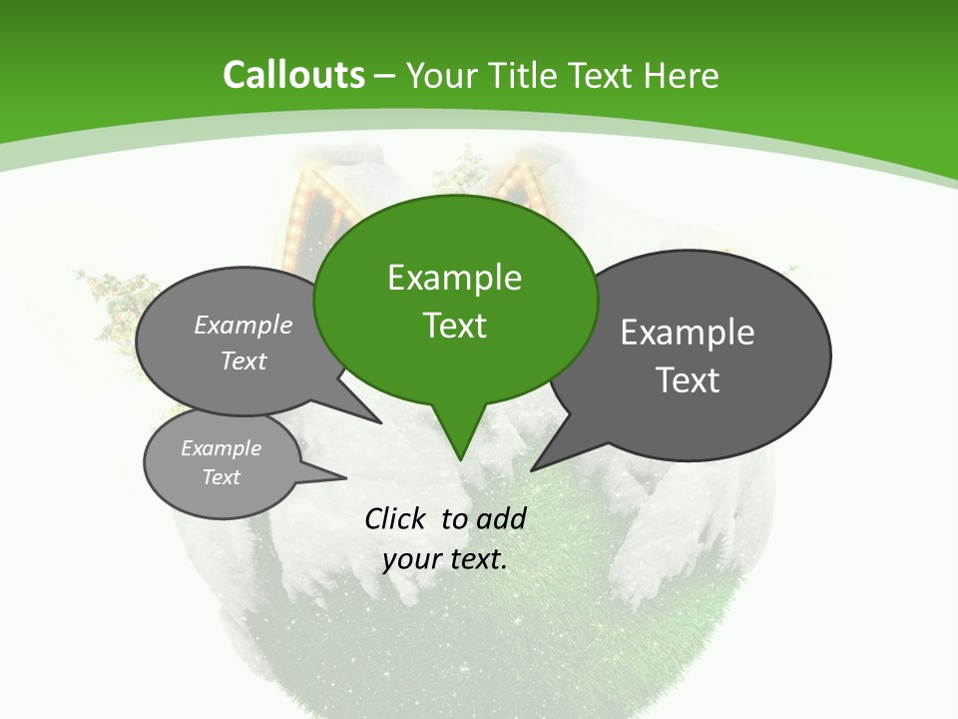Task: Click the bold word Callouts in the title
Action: pos(293,75)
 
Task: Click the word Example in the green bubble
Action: pos(454,278)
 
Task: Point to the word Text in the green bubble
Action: pos(454,325)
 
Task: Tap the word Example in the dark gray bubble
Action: pos(687,333)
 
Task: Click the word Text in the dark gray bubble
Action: pos(687,379)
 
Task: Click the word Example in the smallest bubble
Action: pos(221,448)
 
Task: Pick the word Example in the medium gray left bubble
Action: pos(242,326)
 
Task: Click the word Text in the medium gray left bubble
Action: pos(242,361)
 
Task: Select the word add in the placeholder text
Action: pos(501,518)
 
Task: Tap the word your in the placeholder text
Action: pos(411,559)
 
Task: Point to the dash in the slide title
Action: pos(385,75)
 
